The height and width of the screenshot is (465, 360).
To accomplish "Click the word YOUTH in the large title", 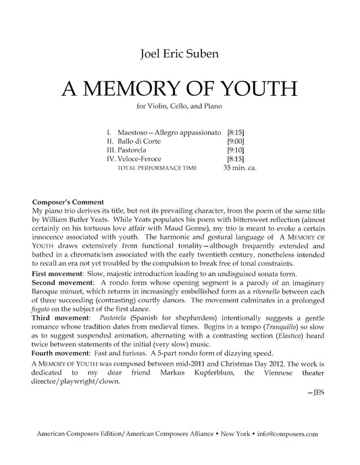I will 245,88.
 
